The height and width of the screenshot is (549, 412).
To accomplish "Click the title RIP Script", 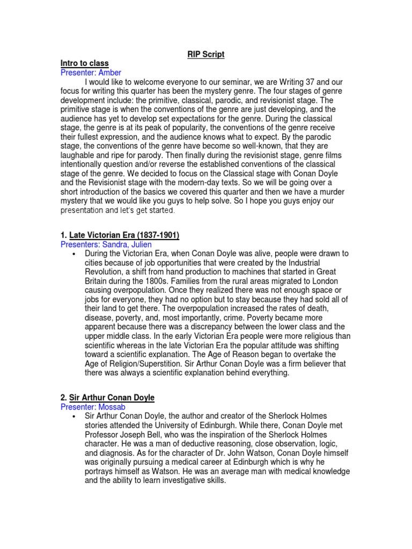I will point(205,55).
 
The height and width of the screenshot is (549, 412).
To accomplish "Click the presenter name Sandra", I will point(114,244).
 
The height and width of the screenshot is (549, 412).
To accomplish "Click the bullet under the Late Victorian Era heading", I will point(72,254).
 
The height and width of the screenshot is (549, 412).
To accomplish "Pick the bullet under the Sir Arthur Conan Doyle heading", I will point(72,416).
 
